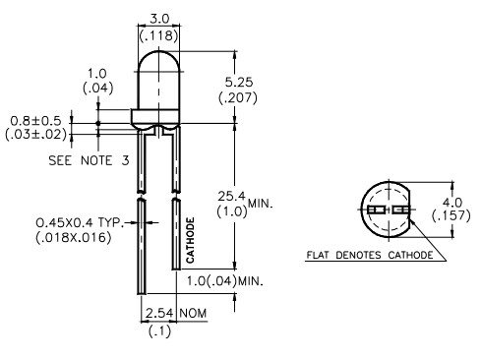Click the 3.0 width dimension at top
coord(159,19)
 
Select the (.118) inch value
coord(159,35)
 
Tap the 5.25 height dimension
coord(239,82)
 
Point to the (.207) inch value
coord(238,97)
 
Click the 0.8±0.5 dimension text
coord(35,121)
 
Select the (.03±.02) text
coord(35,134)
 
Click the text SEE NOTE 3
coord(89,160)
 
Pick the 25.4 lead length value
coord(231,197)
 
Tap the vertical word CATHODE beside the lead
coord(190,240)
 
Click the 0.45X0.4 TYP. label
coord(80,223)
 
